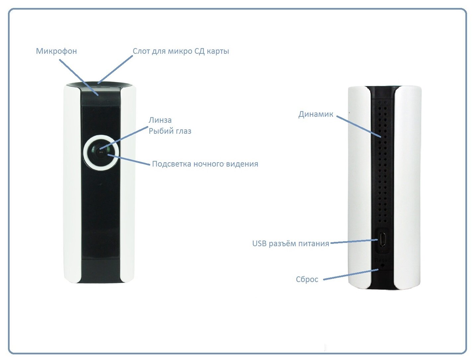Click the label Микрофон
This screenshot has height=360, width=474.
(56, 51)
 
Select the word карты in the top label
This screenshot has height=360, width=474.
(218, 51)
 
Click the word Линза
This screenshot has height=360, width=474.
(160, 120)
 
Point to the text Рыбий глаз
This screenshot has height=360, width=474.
(170, 131)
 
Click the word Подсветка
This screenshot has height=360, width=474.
(171, 164)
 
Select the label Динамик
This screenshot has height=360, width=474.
(315, 114)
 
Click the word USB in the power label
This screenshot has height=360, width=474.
(259, 244)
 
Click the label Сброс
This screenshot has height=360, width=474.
(307, 279)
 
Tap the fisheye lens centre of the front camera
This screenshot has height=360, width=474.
(101, 152)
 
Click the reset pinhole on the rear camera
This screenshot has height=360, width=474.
(383, 266)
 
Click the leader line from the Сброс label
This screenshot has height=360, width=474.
(351, 274)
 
